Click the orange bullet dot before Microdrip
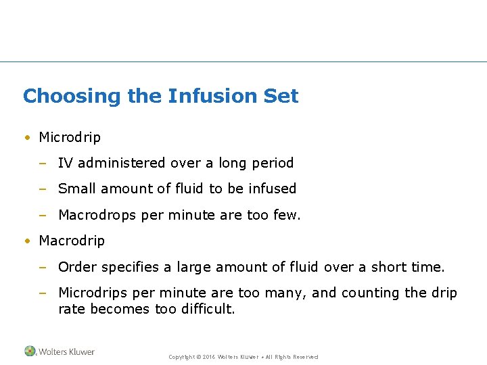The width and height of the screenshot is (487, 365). [26, 138]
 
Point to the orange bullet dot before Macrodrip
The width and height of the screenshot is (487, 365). [26, 241]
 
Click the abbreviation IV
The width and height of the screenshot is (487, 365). [65, 163]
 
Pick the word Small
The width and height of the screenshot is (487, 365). [76, 189]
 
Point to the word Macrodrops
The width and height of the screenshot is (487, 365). [97, 215]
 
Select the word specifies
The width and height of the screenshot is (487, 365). [131, 267]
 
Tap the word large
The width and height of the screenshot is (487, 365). [195, 267]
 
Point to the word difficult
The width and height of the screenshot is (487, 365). [208, 309]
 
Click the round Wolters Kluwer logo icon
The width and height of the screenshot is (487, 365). [30, 351]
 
